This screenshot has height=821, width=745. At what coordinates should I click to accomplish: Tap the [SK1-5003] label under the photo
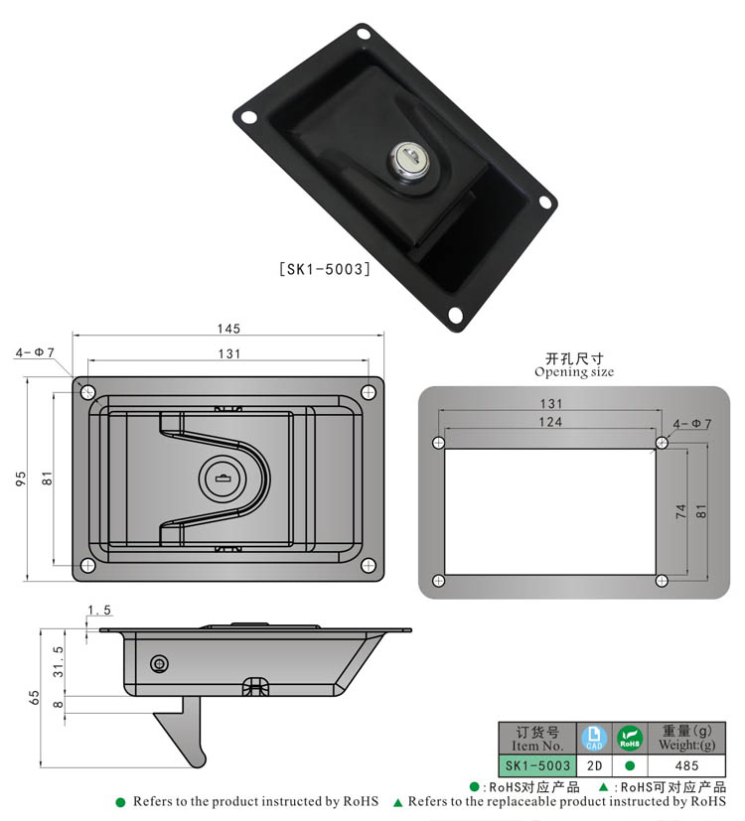[323, 268]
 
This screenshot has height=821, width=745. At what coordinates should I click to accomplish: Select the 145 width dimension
[228, 329]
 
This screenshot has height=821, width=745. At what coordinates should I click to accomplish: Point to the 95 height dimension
[20, 478]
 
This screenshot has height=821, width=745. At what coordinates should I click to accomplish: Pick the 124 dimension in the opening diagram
[551, 422]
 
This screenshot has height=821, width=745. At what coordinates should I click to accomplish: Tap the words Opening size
[574, 372]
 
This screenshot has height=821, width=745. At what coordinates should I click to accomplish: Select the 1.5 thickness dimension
[98, 610]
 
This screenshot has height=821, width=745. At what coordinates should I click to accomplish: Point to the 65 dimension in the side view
[35, 698]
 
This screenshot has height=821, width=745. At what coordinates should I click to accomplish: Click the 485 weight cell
[685, 765]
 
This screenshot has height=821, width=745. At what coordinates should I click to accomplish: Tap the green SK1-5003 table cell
[537, 765]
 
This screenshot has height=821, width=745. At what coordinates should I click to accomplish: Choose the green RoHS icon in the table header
[630, 738]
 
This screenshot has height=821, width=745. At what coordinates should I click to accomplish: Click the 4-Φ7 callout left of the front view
[35, 352]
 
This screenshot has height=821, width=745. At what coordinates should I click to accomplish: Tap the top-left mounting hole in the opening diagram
[438, 443]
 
